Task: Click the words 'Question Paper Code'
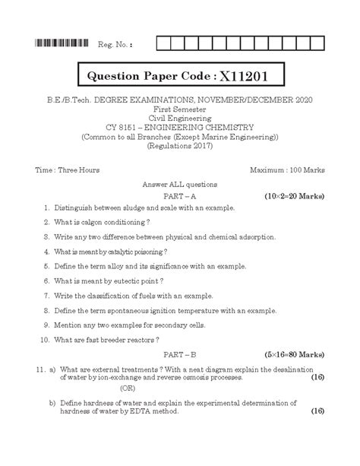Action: [151, 78]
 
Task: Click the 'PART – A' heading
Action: [180, 195]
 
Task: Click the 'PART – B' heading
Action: [180, 354]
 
